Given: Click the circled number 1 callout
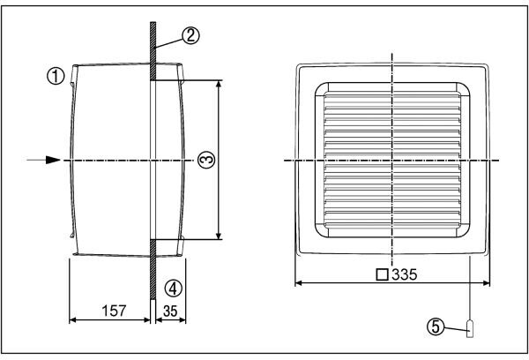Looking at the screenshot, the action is pos(56,76).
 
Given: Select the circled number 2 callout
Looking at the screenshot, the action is pos(191,35).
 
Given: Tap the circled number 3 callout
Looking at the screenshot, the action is pos(206,160).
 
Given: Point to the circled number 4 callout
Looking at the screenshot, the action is pos(174,289).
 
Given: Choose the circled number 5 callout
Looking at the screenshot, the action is pos(436,326).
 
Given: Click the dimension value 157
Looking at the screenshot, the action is pos(114,311).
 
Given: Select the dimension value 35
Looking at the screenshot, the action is pos(170,311).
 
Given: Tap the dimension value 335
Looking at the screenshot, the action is pos(405,274).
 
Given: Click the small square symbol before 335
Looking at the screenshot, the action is pos(383,274).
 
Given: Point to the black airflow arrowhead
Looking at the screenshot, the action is pos(53,160).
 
